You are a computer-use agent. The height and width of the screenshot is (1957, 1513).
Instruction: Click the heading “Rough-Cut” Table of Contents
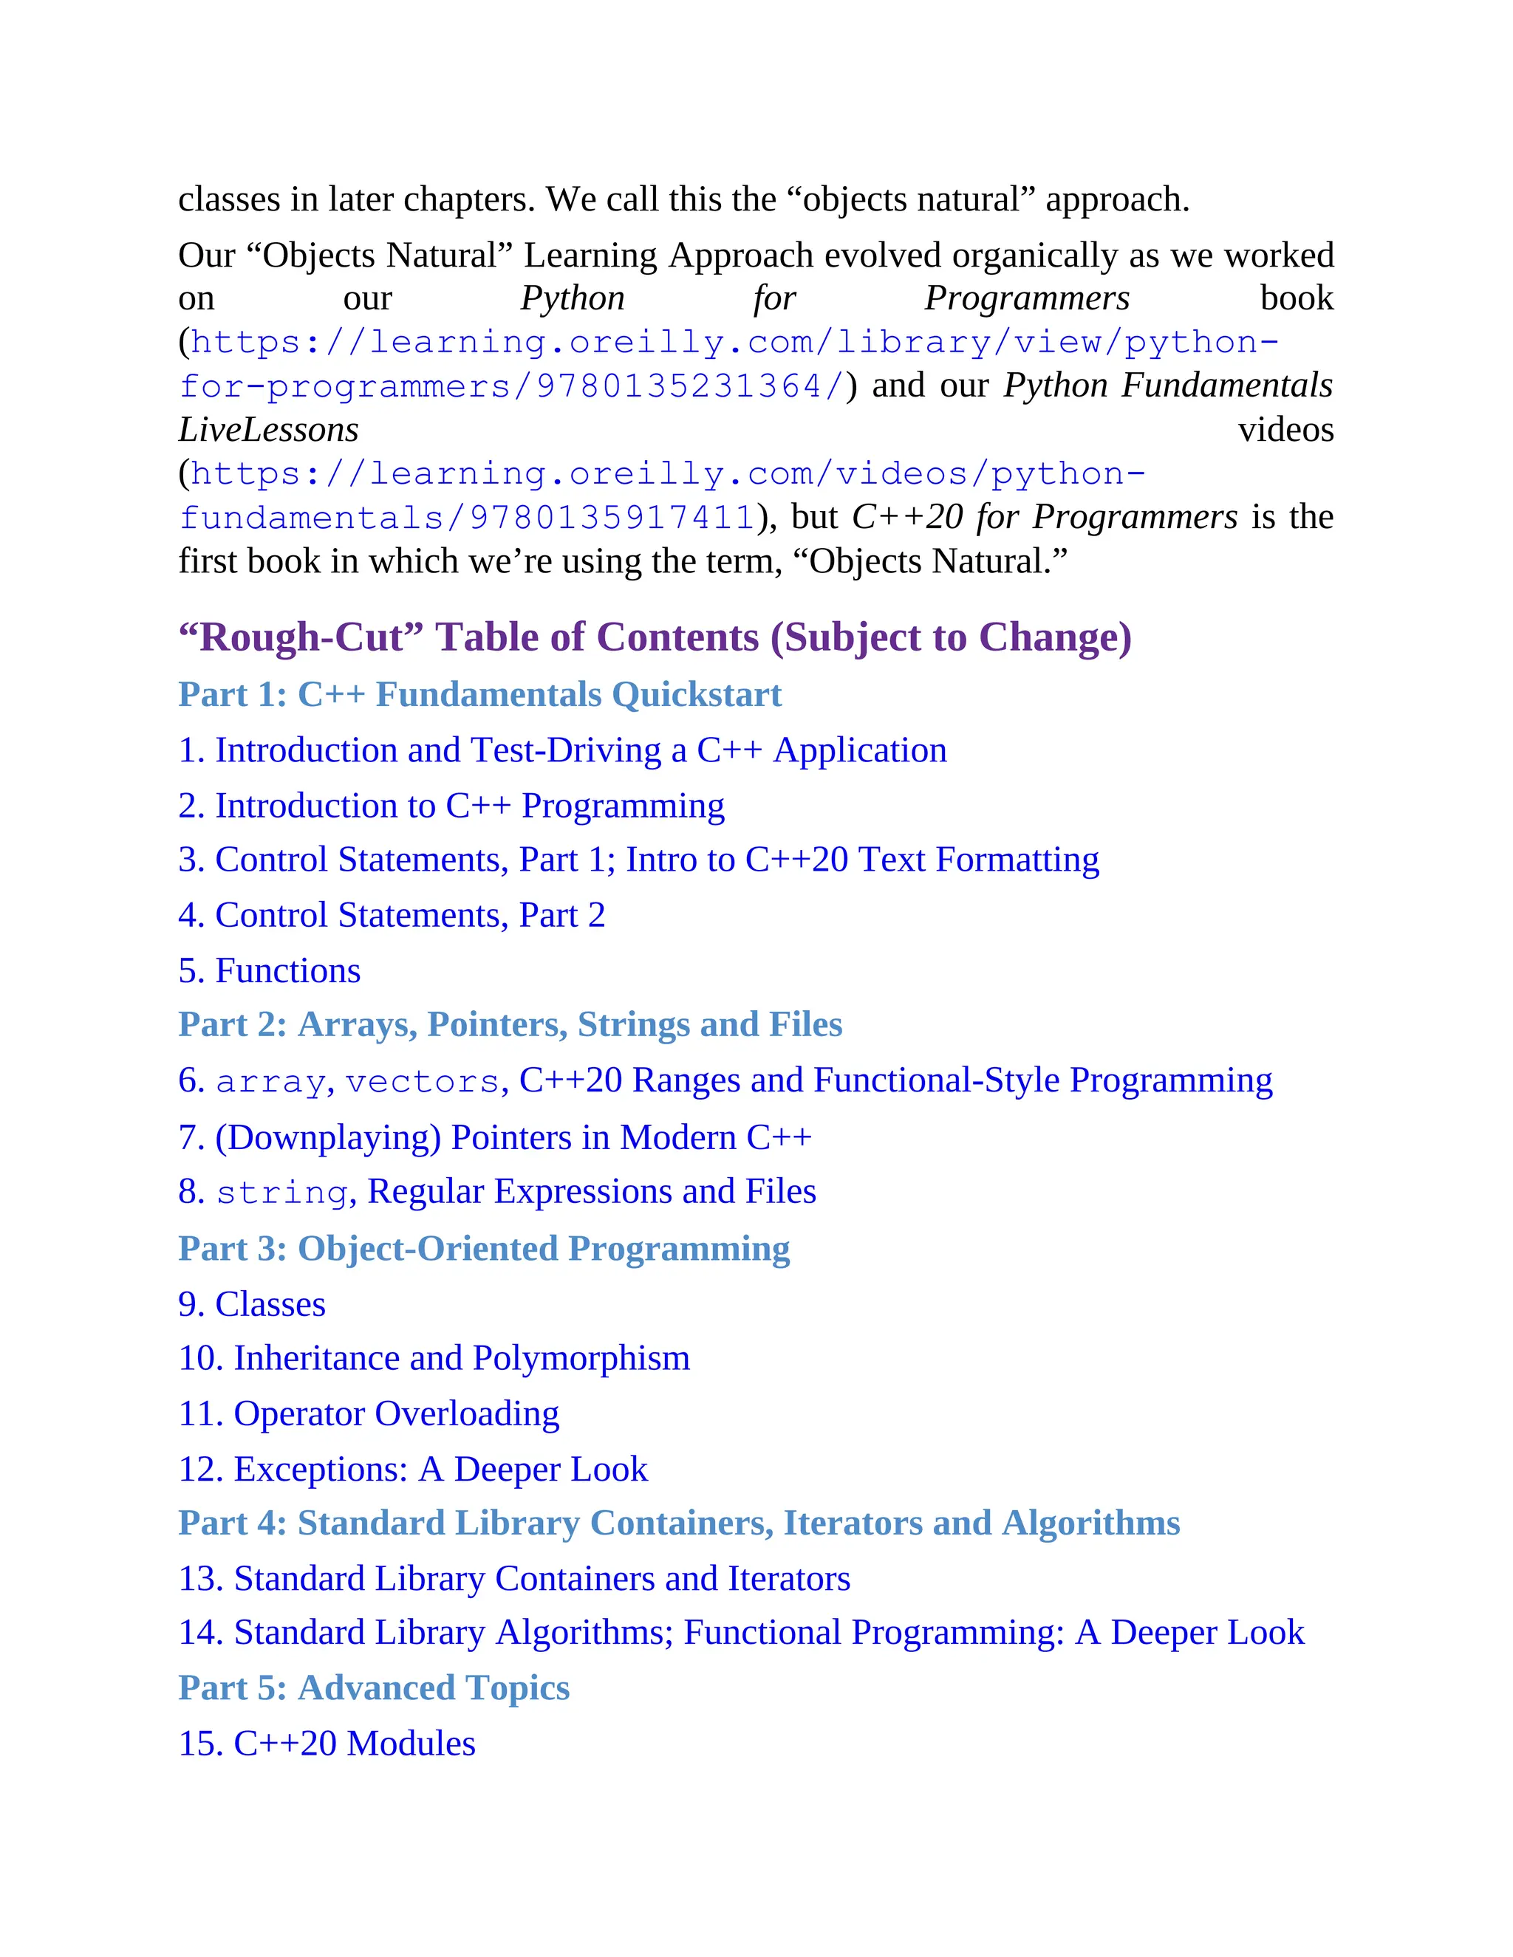point(655,637)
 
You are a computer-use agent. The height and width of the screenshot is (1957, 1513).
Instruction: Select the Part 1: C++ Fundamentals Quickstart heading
point(479,694)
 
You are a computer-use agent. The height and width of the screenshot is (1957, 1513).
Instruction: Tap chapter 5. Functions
point(269,970)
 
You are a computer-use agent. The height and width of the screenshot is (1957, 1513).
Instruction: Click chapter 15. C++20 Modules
point(327,1743)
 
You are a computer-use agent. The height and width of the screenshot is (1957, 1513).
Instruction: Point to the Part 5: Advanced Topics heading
point(374,1687)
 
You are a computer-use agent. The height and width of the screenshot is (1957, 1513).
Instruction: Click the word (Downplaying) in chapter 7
point(328,1137)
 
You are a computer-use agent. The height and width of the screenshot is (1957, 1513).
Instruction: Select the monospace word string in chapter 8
point(281,1193)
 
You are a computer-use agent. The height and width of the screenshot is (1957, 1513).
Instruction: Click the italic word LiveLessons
point(268,429)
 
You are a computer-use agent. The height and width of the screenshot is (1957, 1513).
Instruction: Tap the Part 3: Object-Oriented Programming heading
point(484,1248)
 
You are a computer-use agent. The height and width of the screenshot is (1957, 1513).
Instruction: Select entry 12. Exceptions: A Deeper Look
point(412,1469)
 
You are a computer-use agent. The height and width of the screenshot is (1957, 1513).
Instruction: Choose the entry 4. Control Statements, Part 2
point(392,915)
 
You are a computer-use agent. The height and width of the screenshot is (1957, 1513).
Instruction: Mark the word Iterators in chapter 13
point(789,1578)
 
